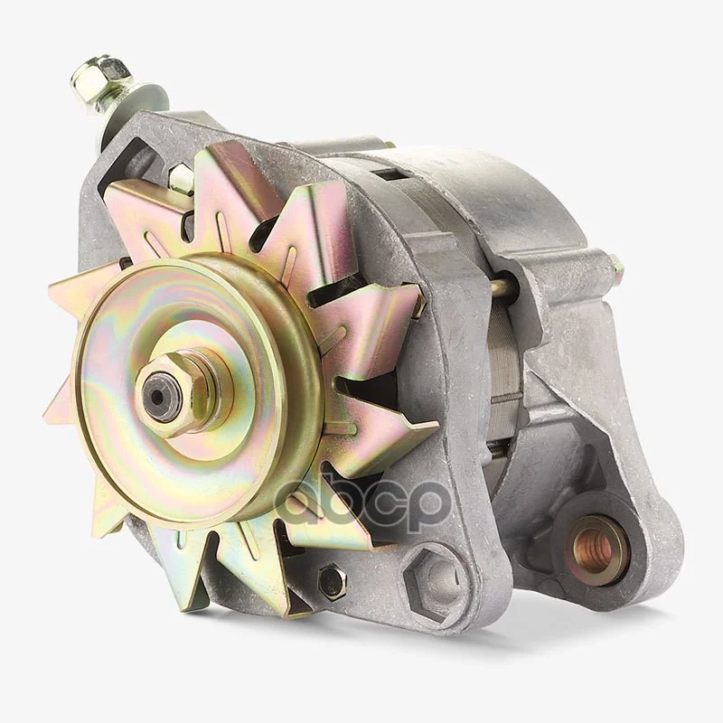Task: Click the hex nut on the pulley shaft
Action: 184,393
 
